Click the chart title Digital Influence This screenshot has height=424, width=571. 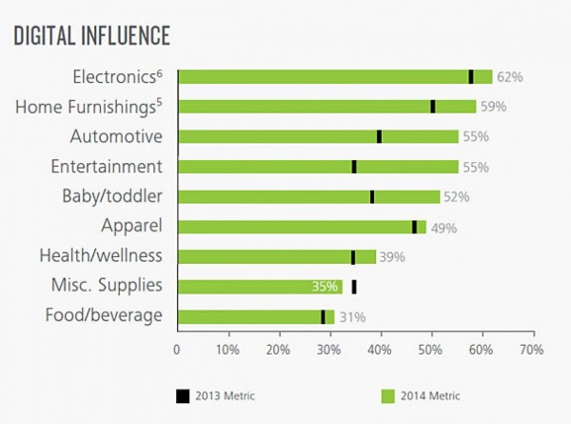pos(91,35)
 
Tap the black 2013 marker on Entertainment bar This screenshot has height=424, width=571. pos(354,167)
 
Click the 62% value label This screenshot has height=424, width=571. pos(509,77)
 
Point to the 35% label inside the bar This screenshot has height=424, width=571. pos(325,286)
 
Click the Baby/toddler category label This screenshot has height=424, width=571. pos(110,196)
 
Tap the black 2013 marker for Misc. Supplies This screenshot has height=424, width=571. pos(354,286)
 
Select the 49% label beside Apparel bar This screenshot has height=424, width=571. pos(443,228)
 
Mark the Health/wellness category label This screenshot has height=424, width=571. pos(101,255)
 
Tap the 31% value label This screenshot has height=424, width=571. pos(351,317)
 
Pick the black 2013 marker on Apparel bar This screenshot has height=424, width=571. pos(414,227)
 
